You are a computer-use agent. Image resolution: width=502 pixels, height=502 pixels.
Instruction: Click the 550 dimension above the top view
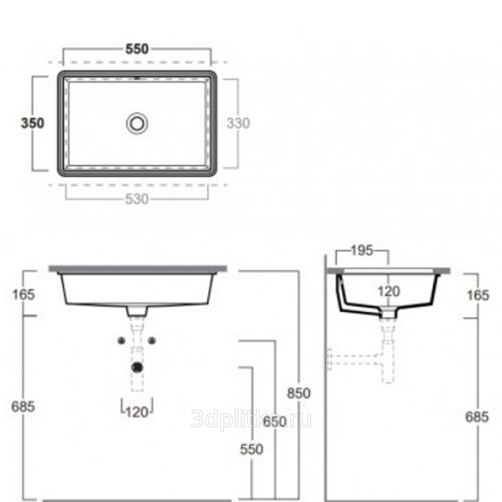pyautogui.click(x=137, y=49)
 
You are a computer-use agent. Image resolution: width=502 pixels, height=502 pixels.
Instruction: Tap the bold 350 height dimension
pyautogui.click(x=33, y=123)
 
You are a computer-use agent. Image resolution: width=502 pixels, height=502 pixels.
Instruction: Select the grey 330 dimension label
pyautogui.click(x=238, y=123)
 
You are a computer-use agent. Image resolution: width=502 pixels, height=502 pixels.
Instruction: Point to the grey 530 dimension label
pyautogui.click(x=137, y=199)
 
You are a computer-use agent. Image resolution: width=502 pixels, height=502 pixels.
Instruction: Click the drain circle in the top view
pyautogui.click(x=137, y=124)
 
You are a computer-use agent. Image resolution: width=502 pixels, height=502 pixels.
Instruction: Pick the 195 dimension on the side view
pyautogui.click(x=362, y=250)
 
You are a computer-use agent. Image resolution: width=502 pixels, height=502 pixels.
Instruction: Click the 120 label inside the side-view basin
pyautogui.click(x=388, y=291)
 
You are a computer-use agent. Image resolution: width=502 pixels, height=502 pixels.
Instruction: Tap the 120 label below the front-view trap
pyautogui.click(x=137, y=412)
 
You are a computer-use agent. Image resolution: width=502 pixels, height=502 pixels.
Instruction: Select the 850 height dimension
pyautogui.click(x=299, y=393)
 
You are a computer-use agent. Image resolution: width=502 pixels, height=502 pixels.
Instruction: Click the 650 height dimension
pyautogui.click(x=275, y=421)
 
